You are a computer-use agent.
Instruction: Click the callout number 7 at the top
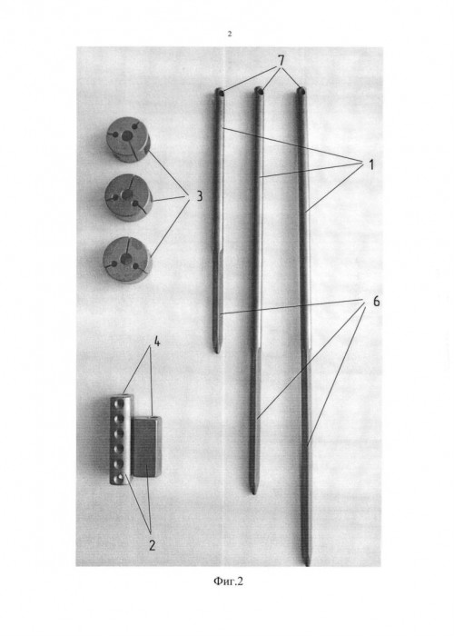pyautogui.click(x=281, y=61)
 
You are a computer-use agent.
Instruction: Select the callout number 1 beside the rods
pyautogui.click(x=370, y=165)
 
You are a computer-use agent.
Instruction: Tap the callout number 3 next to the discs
pyautogui.click(x=199, y=196)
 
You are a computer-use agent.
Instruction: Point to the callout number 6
pyautogui.click(x=376, y=302)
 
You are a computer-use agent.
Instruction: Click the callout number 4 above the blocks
pyautogui.click(x=156, y=342)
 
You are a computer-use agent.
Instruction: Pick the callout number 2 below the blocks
pyautogui.click(x=152, y=545)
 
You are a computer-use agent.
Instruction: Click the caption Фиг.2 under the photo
pyautogui.click(x=228, y=581)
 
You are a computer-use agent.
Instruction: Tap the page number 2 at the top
pyautogui.click(x=230, y=34)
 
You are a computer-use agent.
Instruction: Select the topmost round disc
pyautogui.click(x=128, y=139)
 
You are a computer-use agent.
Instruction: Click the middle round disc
pyautogui.click(x=128, y=197)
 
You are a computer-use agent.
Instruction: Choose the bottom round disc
pyautogui.click(x=127, y=260)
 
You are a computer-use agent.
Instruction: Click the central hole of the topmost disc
pyautogui.click(x=128, y=136)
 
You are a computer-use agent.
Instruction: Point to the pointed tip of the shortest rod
pyautogui.click(x=217, y=352)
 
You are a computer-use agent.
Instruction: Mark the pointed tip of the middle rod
pyautogui.click(x=253, y=492)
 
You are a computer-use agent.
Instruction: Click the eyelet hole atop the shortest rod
pyautogui.click(x=219, y=92)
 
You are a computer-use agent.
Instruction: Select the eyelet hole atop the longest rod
pyautogui.click(x=300, y=91)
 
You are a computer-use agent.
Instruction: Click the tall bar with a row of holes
pyautogui.click(x=121, y=439)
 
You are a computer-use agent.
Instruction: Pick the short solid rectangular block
pyautogui.click(x=147, y=447)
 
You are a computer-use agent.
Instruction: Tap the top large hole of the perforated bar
pyautogui.click(x=120, y=404)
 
